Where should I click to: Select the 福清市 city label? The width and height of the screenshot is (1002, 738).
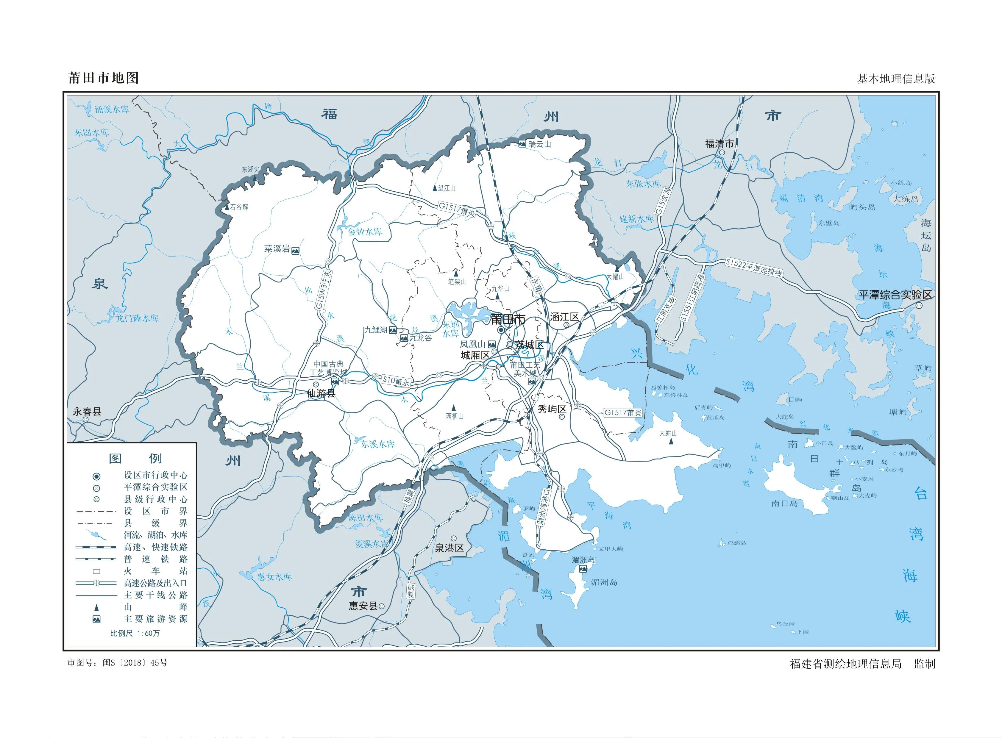click(719, 144)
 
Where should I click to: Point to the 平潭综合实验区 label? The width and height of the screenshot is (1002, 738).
click(895, 295)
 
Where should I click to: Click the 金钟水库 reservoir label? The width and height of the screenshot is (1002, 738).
click(365, 232)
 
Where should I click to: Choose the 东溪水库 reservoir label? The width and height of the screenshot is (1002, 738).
click(378, 444)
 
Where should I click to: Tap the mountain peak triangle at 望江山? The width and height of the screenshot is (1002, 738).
click(434, 188)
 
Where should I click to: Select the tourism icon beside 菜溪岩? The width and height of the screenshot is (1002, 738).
click(295, 251)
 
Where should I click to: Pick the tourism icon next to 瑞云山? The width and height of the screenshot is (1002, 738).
click(522, 144)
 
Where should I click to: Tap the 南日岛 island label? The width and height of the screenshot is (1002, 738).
click(784, 504)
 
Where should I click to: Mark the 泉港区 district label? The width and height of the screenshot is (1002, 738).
click(450, 548)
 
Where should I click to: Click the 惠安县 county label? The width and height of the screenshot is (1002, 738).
click(363, 606)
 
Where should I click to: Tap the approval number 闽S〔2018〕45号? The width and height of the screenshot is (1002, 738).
click(135, 663)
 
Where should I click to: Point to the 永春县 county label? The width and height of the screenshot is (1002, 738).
click(87, 412)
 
